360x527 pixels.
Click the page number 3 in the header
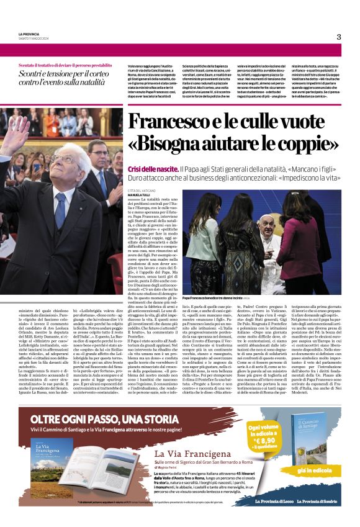(x=338, y=37)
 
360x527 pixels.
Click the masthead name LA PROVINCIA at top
(x=30, y=34)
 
